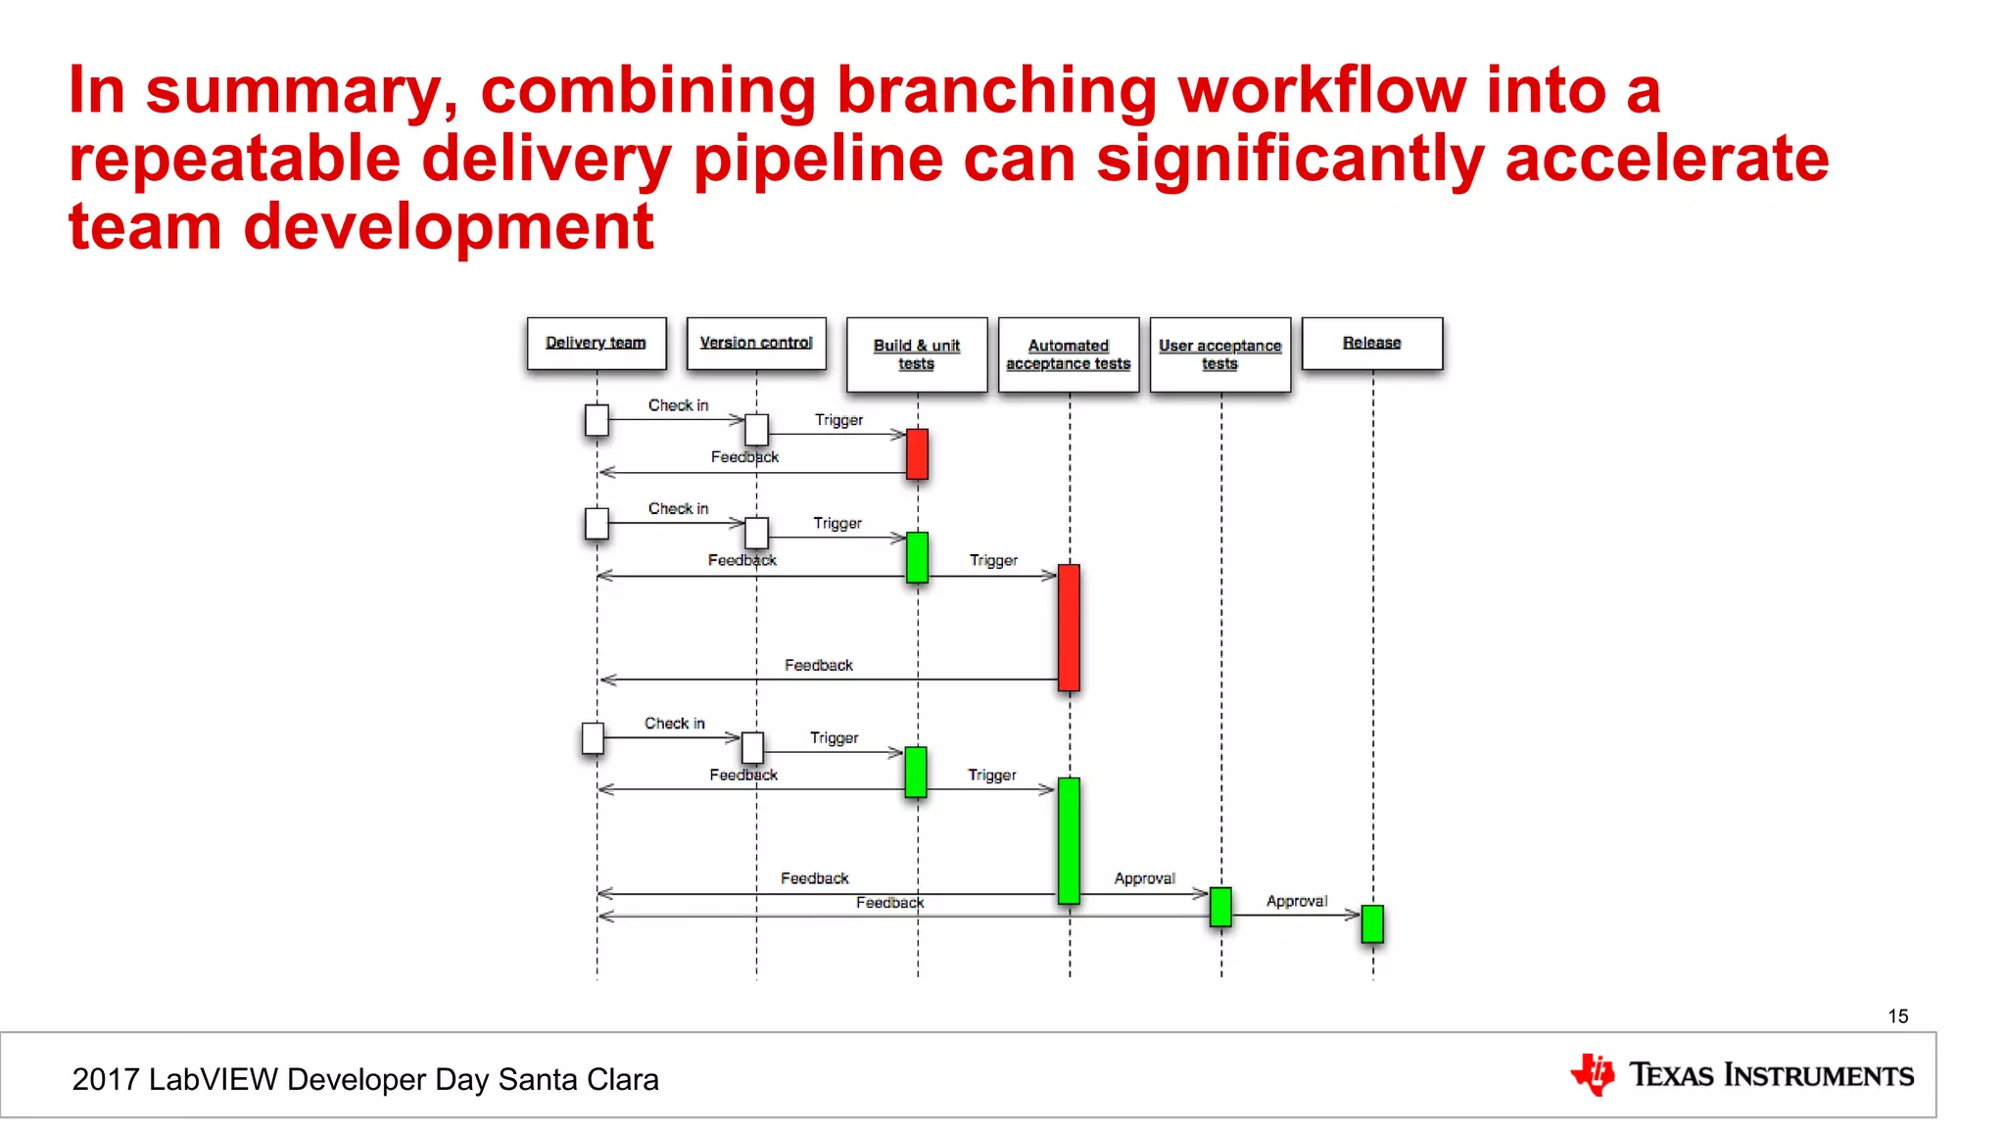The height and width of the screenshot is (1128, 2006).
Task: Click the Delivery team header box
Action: [596, 343]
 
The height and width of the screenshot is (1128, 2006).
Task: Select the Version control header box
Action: [755, 343]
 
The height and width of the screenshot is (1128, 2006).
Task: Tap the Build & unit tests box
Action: [916, 354]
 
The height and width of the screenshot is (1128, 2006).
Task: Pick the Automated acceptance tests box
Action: [1068, 354]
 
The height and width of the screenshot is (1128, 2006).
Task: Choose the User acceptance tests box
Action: [1219, 354]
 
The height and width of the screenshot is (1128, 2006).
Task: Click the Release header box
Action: [1371, 343]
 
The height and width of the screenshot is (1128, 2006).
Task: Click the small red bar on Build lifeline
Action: [917, 453]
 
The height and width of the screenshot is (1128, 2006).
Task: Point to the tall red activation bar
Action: [1069, 628]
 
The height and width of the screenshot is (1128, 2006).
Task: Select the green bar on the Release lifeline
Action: [1372, 923]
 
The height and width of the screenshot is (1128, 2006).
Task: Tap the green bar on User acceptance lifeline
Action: [1220, 907]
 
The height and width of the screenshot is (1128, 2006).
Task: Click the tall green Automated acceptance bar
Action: [1069, 840]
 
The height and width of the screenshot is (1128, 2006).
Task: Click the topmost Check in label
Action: [678, 405]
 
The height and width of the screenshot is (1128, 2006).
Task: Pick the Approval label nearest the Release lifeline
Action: [1297, 901]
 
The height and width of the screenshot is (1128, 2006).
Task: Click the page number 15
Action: [1897, 1016]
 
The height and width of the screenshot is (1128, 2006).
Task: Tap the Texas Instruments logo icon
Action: [1593, 1074]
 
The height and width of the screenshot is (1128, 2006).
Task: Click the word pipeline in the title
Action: [817, 159]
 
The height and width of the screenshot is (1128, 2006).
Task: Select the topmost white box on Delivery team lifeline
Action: [597, 420]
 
